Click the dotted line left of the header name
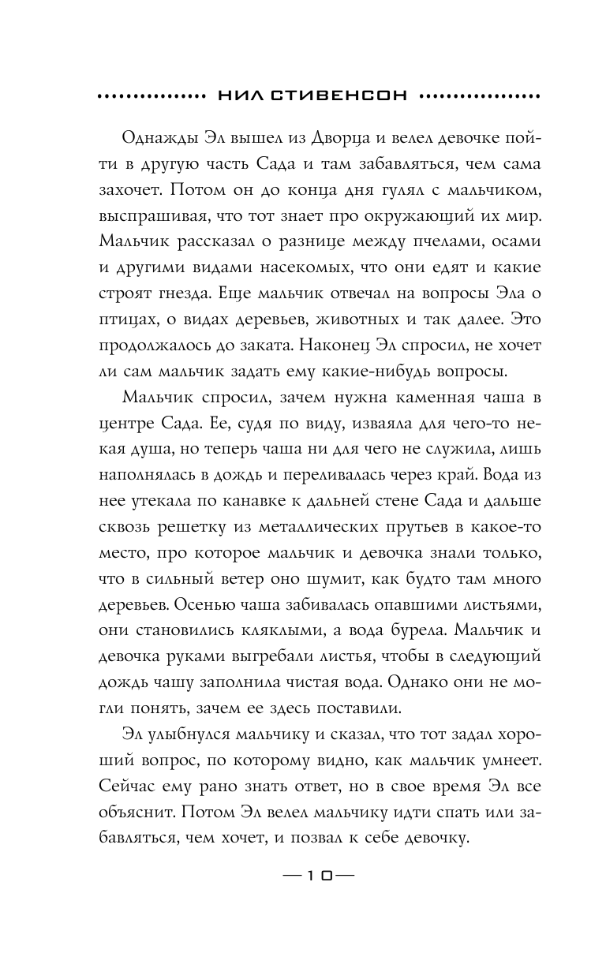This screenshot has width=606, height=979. tap(151, 96)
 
